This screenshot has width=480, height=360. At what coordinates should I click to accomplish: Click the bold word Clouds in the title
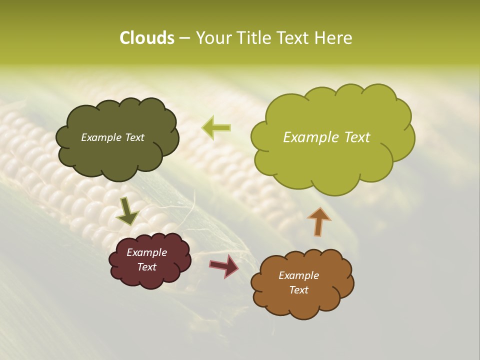(146, 38)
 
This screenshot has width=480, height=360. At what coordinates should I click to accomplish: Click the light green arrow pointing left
(216, 127)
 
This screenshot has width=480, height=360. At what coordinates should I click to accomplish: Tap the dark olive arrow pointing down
(127, 211)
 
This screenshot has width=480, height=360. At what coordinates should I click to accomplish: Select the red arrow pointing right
(224, 265)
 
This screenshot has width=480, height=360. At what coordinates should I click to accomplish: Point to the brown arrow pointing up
(318, 221)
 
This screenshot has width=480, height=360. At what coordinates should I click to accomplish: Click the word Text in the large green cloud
(356, 137)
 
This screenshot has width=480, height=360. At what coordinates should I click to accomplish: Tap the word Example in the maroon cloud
(146, 252)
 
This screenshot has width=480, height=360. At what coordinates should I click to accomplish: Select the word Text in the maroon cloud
(146, 267)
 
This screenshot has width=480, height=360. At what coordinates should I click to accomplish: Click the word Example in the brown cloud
(298, 275)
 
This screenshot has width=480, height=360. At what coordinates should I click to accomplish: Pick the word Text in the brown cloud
(298, 290)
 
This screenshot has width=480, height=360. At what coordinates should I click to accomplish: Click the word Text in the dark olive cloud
(134, 137)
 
